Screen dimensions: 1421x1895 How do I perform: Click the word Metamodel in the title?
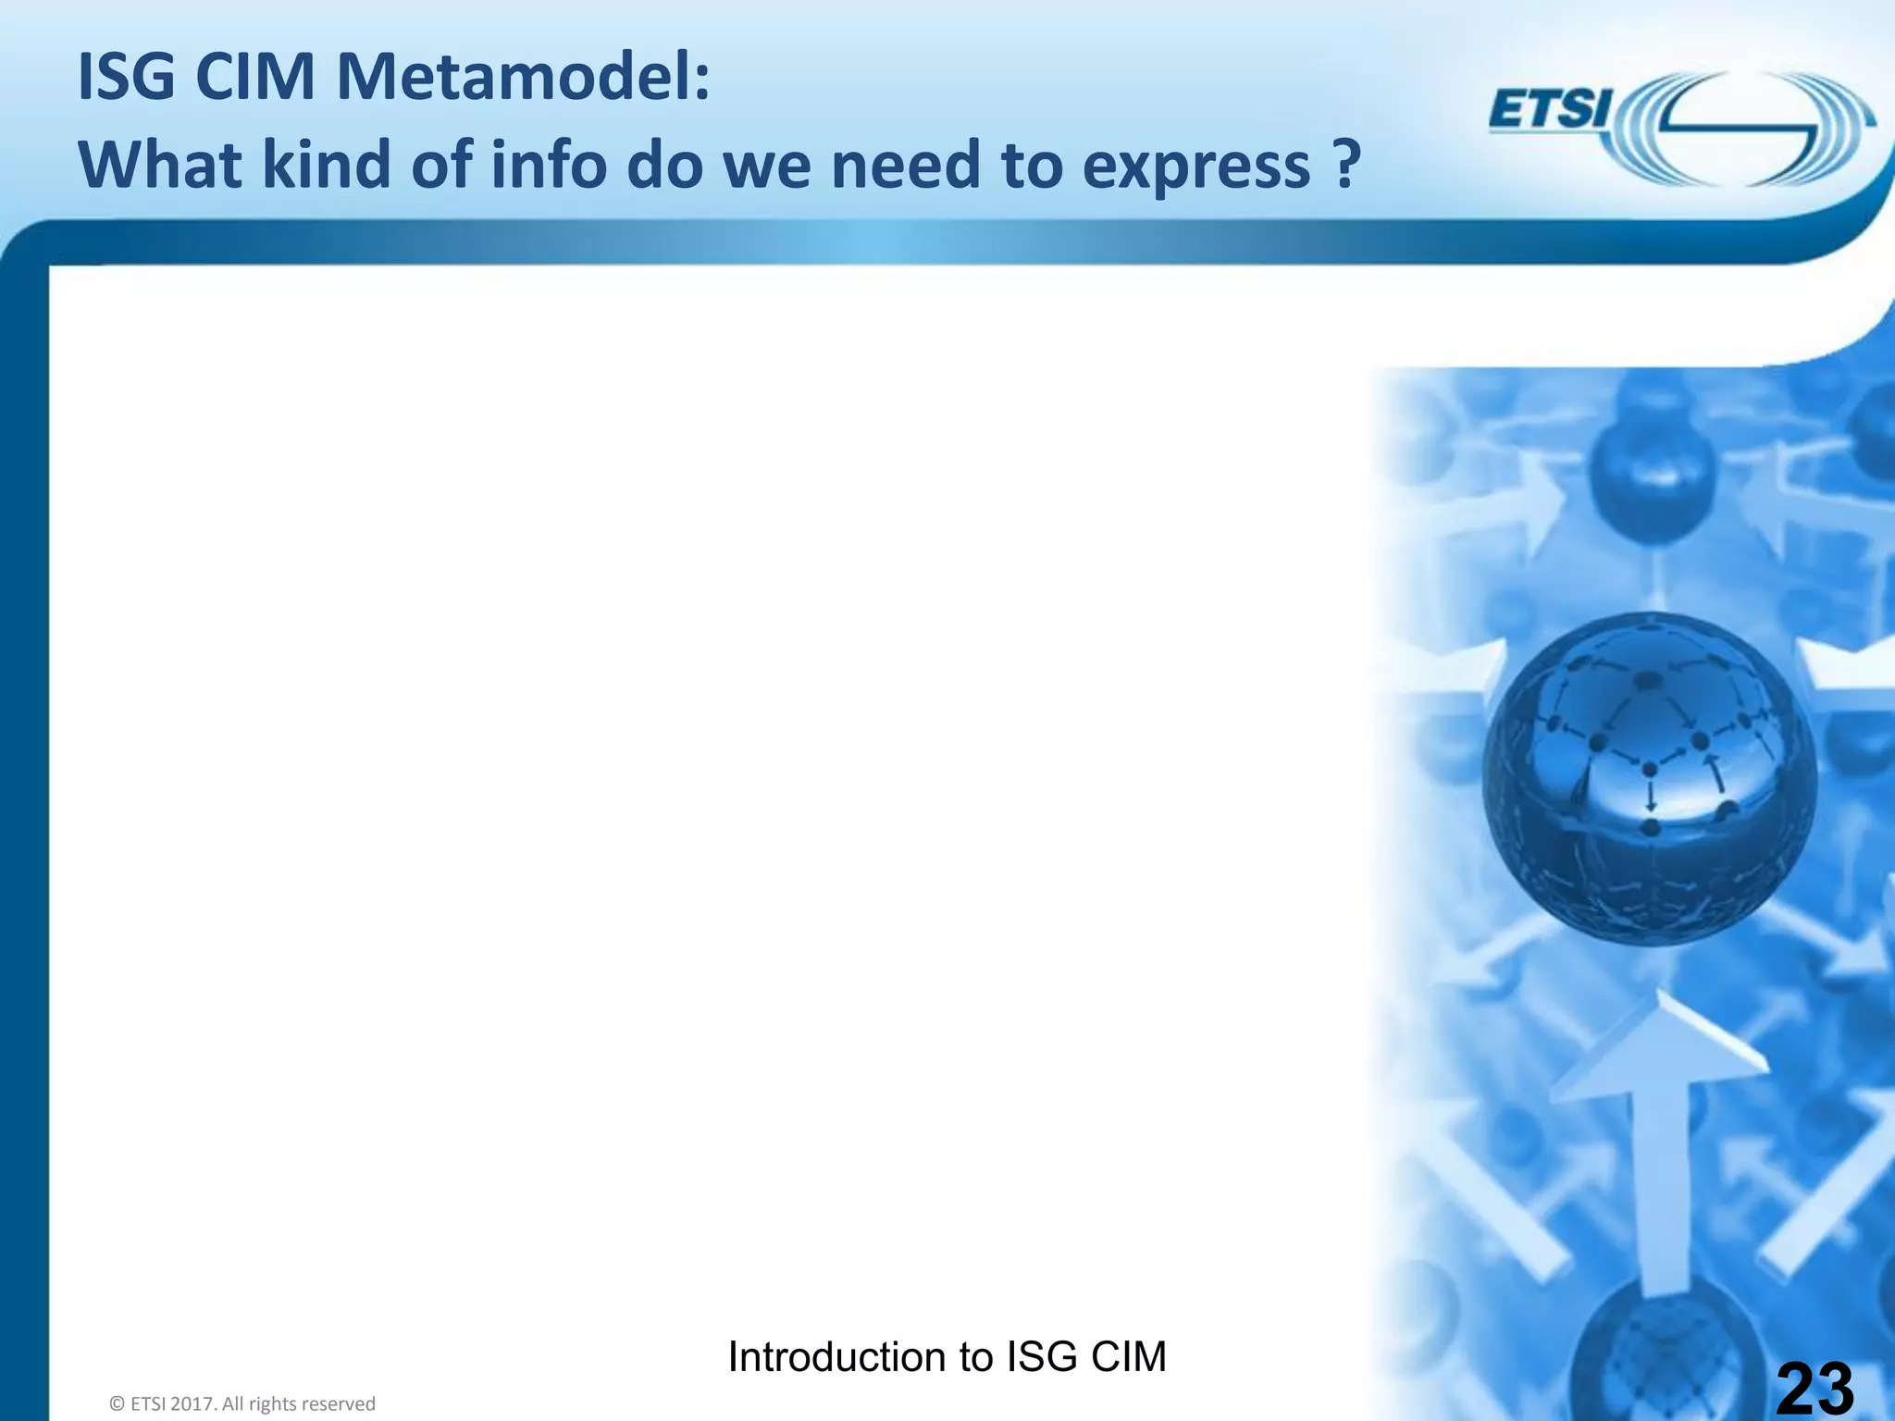(x=523, y=78)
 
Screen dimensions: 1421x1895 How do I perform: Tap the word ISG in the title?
(x=126, y=78)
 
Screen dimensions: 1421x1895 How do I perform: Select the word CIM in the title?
(x=255, y=78)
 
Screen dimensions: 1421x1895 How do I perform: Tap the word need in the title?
(x=906, y=165)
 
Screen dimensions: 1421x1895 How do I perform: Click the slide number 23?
(x=1815, y=1388)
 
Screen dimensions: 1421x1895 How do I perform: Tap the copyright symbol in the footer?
(x=117, y=1404)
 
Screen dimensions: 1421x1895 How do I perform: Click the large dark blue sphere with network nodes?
(x=1649, y=777)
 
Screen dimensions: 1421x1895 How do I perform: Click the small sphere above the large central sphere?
(x=1652, y=472)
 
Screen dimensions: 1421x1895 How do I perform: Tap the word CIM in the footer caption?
(x=1128, y=1357)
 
